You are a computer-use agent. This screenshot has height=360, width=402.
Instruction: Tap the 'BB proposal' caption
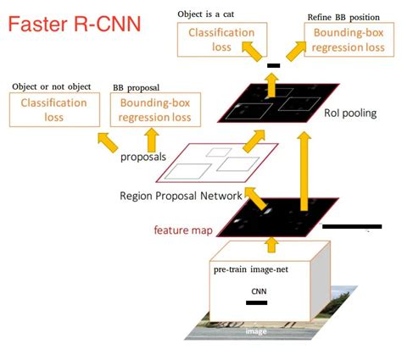(x=140, y=86)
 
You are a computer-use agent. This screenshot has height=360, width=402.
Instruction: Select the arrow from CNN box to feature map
(x=272, y=245)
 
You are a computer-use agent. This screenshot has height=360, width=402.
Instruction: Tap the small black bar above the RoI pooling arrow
(x=272, y=64)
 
